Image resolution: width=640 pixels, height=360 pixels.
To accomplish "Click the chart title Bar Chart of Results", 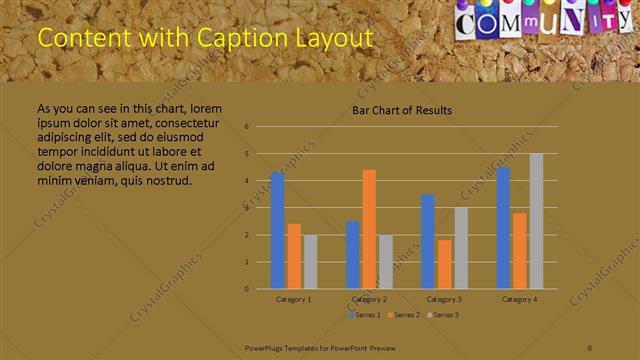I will pos(402,110).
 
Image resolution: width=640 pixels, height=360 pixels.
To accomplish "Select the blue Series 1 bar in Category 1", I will pos(277,231).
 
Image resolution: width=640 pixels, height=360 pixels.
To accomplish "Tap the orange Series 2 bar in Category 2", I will pos(369,229).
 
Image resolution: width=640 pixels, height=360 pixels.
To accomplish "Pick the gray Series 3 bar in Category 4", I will pos(536,221).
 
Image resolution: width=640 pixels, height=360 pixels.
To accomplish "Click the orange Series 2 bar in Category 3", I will pos(444,264).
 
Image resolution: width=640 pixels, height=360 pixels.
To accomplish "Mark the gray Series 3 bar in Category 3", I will pos(461,248).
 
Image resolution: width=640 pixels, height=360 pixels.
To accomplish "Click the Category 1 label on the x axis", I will pos(293,299).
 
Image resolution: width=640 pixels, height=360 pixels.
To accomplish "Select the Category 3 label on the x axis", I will pos(444,299).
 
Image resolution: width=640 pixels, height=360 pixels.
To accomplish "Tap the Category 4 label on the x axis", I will pos(519,299).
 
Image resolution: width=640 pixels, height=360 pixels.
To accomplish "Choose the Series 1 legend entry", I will pos(363,315).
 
